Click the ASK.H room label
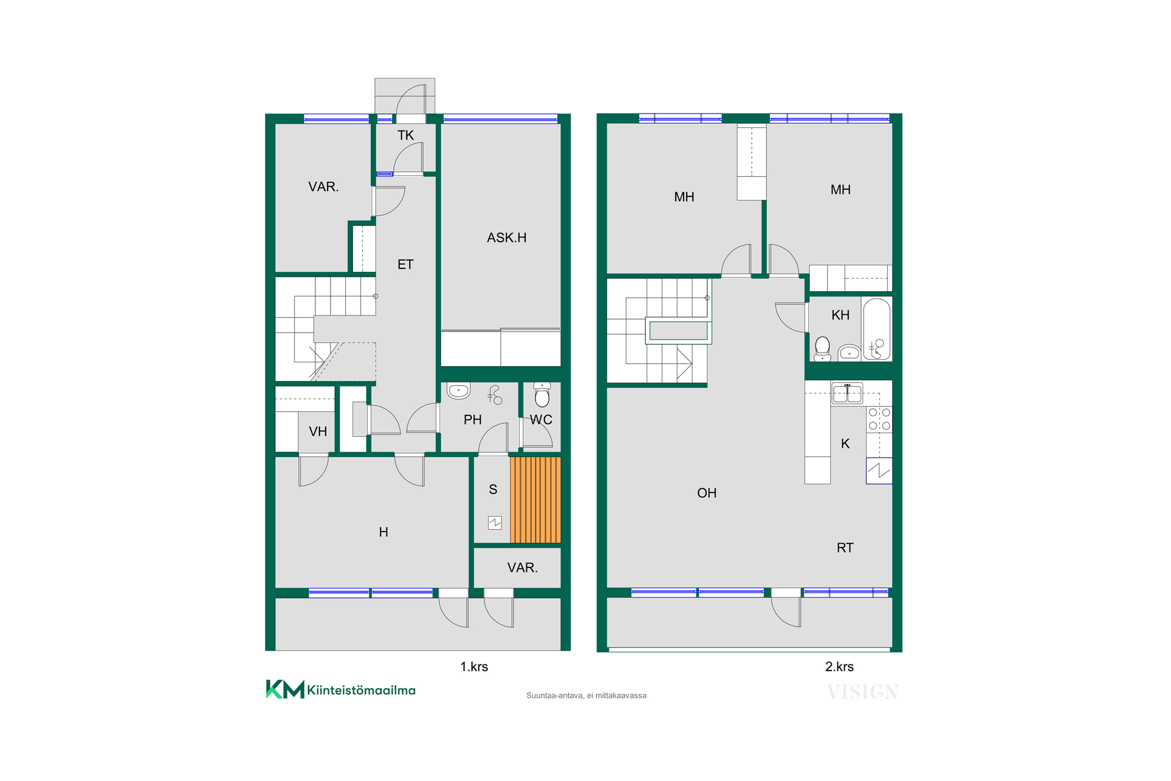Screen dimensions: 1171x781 506,238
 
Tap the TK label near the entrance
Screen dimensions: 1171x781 406,135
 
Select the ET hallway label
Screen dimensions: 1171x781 406,265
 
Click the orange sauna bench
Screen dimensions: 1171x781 535,500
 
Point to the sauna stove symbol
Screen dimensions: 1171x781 495,522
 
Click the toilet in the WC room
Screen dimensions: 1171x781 542,395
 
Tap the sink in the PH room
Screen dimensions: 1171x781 458,390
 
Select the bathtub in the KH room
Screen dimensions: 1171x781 877,329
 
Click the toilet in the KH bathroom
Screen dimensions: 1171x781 822,348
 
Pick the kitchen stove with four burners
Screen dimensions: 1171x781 879,420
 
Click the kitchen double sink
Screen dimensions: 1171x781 848,394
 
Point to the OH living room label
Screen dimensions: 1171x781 707,493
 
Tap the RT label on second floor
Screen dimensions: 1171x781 845,548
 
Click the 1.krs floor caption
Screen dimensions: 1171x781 474,667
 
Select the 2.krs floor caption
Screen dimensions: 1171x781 839,667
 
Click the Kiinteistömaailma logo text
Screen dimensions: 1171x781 361,690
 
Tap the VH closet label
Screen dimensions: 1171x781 318,432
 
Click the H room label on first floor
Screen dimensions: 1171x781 384,532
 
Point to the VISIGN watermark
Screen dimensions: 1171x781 862,692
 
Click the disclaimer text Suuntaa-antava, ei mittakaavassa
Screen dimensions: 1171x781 586,696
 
